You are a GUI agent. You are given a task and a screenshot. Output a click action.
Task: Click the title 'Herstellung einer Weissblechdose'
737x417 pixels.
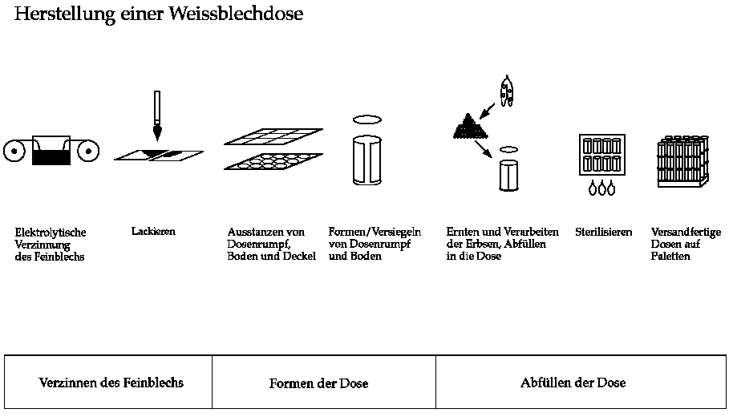(x=159, y=14)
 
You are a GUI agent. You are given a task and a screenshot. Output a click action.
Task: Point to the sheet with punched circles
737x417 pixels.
(x=273, y=161)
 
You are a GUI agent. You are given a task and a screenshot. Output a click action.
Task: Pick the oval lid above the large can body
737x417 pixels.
(x=367, y=119)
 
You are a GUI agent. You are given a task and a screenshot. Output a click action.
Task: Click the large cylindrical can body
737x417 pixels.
(x=367, y=161)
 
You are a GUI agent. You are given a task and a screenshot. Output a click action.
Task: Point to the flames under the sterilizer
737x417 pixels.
(x=601, y=188)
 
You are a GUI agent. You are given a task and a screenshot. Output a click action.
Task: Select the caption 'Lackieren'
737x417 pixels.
(x=152, y=232)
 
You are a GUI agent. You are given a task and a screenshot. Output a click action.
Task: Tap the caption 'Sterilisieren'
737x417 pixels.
(x=603, y=233)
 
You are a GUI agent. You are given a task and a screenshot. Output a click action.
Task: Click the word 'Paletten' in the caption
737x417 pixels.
(x=670, y=257)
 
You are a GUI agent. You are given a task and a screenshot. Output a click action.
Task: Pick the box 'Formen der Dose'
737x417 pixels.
(x=318, y=383)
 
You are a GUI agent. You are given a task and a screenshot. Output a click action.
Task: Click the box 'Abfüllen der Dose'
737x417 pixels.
(x=573, y=383)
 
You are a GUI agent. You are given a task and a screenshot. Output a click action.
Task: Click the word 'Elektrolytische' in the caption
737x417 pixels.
(x=51, y=233)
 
